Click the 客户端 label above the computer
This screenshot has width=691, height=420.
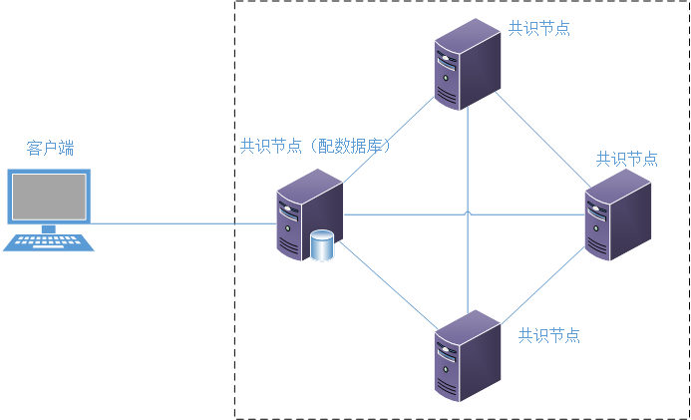tap(50, 149)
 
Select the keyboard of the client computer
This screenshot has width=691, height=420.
tap(48, 240)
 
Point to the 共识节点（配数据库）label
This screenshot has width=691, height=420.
tap(314, 146)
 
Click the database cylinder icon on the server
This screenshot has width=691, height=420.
tap(321, 245)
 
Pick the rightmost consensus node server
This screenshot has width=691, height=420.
tap(617, 213)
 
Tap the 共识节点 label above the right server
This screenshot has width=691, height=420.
tap(626, 159)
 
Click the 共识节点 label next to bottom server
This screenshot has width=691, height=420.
tap(548, 335)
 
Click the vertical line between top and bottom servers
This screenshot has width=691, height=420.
tap(468, 160)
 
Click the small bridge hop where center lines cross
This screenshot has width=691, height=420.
tap(468, 212)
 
